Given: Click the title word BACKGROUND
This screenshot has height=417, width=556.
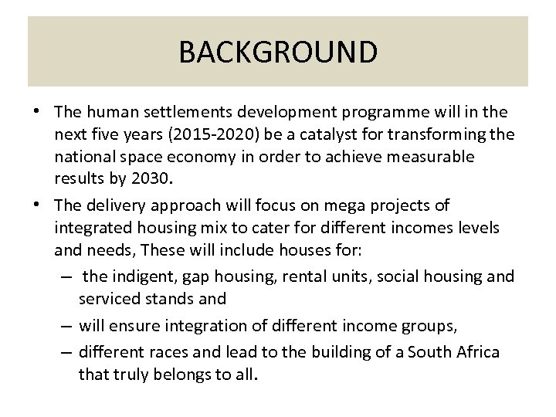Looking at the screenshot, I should tap(278, 53).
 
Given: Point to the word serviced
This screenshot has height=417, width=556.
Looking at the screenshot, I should tap(110, 298).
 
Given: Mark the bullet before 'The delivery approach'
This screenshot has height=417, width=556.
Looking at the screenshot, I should tap(37, 205).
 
